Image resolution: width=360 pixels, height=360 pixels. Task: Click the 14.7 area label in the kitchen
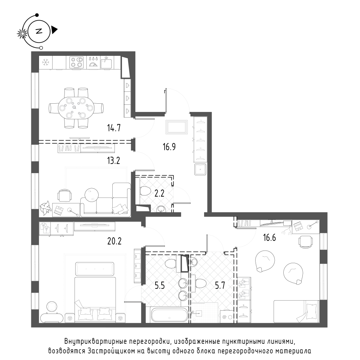point(114,128)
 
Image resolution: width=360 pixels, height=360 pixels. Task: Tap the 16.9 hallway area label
point(169,147)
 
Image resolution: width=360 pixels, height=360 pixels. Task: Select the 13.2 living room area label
point(113,161)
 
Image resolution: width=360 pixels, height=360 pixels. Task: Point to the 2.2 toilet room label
point(159,194)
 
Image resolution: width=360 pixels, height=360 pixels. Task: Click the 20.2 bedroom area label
point(114,241)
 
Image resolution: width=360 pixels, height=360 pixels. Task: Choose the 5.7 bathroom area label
point(220,285)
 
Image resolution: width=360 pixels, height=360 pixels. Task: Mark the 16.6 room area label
point(270,238)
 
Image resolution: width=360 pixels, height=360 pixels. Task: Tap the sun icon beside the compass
point(22,34)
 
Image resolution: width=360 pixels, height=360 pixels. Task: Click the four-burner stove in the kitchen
point(76,62)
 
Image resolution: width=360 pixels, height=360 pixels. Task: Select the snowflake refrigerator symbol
point(46,62)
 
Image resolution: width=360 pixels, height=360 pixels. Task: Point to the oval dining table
point(76,108)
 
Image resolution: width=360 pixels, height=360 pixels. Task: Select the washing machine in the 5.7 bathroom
point(226,316)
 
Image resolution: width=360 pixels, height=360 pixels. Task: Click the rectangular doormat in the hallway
point(177,127)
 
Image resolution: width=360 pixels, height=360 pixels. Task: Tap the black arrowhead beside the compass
point(54,30)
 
